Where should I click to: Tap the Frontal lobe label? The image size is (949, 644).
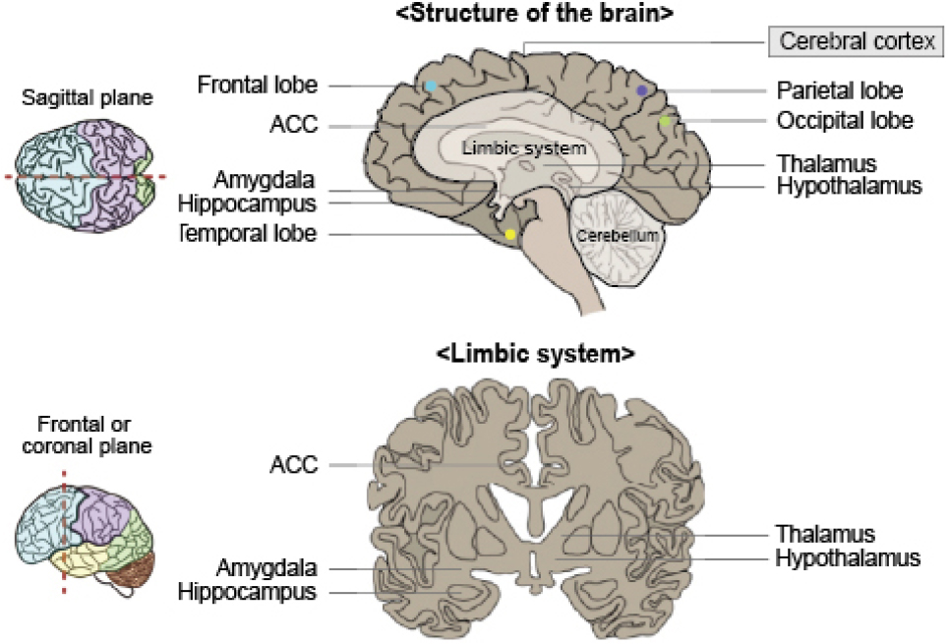(x=258, y=86)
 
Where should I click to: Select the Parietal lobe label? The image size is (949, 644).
(x=839, y=90)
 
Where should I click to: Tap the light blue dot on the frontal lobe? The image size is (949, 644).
(x=431, y=87)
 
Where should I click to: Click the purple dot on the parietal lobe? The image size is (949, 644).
(x=641, y=90)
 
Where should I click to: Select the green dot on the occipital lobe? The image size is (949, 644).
(x=666, y=121)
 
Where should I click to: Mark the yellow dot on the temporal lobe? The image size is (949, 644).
(x=509, y=234)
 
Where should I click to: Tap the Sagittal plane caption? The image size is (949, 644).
(x=81, y=100)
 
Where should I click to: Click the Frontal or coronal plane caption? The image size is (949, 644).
(x=83, y=435)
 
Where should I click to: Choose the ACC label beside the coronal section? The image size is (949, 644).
(x=293, y=464)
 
